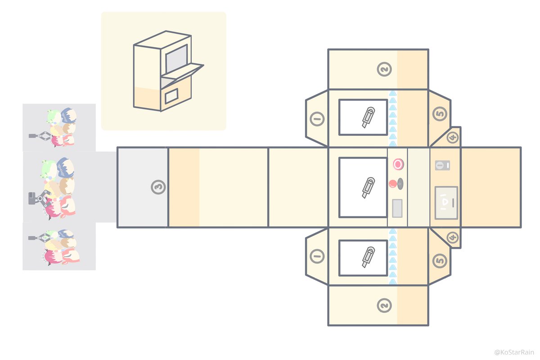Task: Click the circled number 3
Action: click(x=158, y=187)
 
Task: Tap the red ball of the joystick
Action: click(x=393, y=184)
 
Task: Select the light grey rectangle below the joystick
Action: click(x=397, y=208)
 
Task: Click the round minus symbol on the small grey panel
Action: click(x=439, y=166)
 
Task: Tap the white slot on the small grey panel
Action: click(x=447, y=166)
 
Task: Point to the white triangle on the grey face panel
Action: click(x=445, y=202)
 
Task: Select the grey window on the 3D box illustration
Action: click(x=176, y=58)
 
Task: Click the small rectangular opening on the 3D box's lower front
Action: click(x=171, y=96)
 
